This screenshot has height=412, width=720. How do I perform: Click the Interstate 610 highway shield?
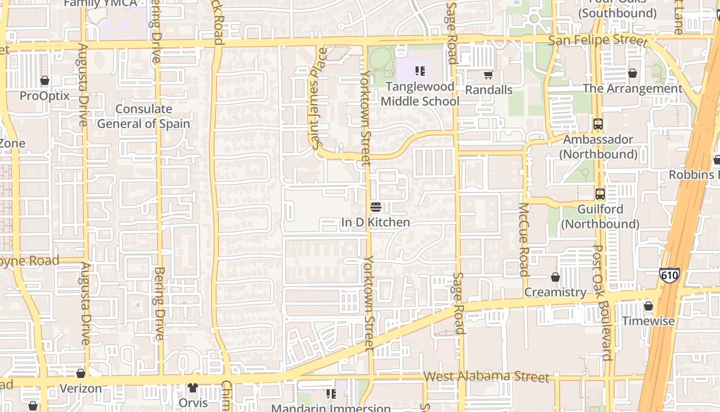point(669,275)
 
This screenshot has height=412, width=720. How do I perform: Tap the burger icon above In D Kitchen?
point(376,207)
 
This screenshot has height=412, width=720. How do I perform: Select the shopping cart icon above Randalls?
point(488,75)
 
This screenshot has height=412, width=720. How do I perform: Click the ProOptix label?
point(44,96)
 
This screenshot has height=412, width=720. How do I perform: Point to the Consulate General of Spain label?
point(143,116)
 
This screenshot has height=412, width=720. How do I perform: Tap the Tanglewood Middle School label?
point(420,94)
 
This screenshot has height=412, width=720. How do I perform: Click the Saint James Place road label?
point(319,98)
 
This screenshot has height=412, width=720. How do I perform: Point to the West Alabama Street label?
point(486,376)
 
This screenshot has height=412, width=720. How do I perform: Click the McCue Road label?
point(524,239)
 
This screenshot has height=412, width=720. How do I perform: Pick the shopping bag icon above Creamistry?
point(555,277)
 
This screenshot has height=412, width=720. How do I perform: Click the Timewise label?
point(648,321)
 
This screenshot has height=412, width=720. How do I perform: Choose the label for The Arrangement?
point(633,89)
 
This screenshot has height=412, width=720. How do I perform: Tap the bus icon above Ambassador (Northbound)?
point(598,124)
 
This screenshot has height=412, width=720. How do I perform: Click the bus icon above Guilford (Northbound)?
point(600,194)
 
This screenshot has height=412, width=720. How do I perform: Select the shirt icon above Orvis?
point(193,388)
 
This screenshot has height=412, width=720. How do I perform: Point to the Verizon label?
point(81,388)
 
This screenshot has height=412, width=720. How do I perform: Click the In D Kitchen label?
point(375,222)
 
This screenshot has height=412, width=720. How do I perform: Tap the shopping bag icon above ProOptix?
point(45,81)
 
